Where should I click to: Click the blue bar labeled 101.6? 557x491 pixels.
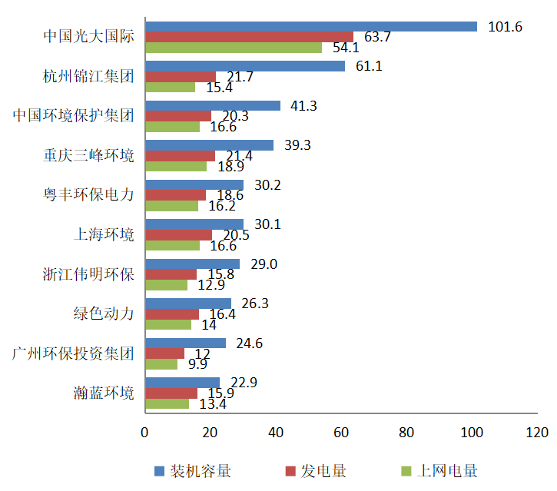(310, 27)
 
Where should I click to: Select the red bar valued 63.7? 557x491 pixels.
(249, 37)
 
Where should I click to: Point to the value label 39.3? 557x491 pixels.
(297, 145)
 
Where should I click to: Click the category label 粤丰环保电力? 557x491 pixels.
(89, 194)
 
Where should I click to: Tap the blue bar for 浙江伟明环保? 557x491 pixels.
(192, 264)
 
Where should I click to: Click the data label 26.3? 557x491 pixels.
(254, 304)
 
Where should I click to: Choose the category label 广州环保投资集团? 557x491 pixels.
(74, 353)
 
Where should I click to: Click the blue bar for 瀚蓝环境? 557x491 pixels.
(182, 383)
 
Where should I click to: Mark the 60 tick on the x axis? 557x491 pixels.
(342, 433)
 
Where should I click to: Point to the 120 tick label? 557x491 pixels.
(539, 433)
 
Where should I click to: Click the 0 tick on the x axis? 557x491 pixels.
(144, 433)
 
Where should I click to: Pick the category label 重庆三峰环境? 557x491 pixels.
(89, 155)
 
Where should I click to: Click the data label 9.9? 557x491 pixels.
(197, 364)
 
